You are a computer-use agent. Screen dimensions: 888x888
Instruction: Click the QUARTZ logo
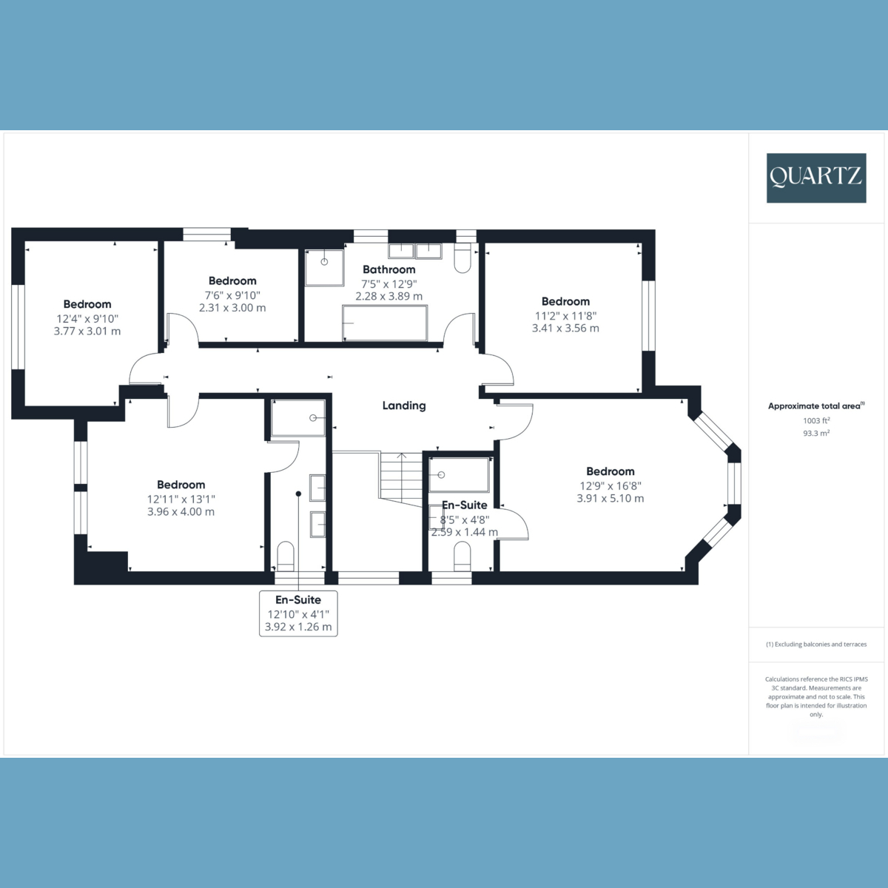[x=815, y=178]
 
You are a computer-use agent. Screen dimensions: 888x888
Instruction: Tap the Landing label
[x=404, y=406]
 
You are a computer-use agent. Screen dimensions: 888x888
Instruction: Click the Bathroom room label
[x=388, y=269]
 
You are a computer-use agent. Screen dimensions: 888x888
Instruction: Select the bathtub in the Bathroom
[x=385, y=323]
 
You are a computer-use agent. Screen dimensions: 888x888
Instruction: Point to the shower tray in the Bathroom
[x=324, y=267]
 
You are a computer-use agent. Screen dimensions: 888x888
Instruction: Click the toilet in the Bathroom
[x=462, y=259]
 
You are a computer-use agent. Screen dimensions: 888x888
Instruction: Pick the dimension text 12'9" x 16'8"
[x=610, y=485]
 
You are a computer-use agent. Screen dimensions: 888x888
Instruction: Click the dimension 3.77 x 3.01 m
[x=87, y=331]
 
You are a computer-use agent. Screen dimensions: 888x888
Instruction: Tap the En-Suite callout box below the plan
[x=298, y=613]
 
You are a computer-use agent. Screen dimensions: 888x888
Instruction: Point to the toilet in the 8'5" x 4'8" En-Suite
[x=462, y=556]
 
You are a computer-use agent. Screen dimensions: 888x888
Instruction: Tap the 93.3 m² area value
[x=815, y=434]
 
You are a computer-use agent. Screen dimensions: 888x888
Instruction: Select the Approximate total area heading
[x=815, y=406]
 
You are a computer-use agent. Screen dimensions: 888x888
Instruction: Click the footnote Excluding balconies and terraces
[x=815, y=645]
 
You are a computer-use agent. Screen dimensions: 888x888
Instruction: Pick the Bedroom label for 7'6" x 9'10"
[x=232, y=280]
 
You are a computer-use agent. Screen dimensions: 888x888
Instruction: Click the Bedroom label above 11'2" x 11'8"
[x=565, y=301]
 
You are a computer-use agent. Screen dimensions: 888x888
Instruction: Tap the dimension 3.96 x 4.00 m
[x=181, y=511]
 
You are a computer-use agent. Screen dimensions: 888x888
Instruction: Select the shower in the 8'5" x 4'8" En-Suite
[x=460, y=475]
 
